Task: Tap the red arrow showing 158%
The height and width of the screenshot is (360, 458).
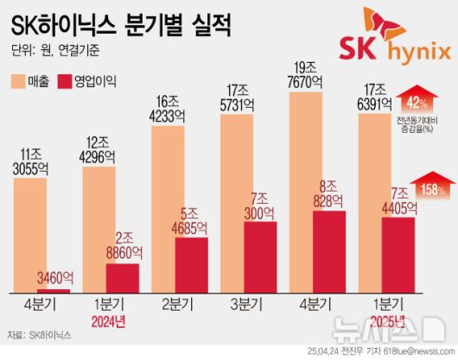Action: coord(428,186)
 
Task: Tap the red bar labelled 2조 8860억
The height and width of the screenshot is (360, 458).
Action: coord(122,277)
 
